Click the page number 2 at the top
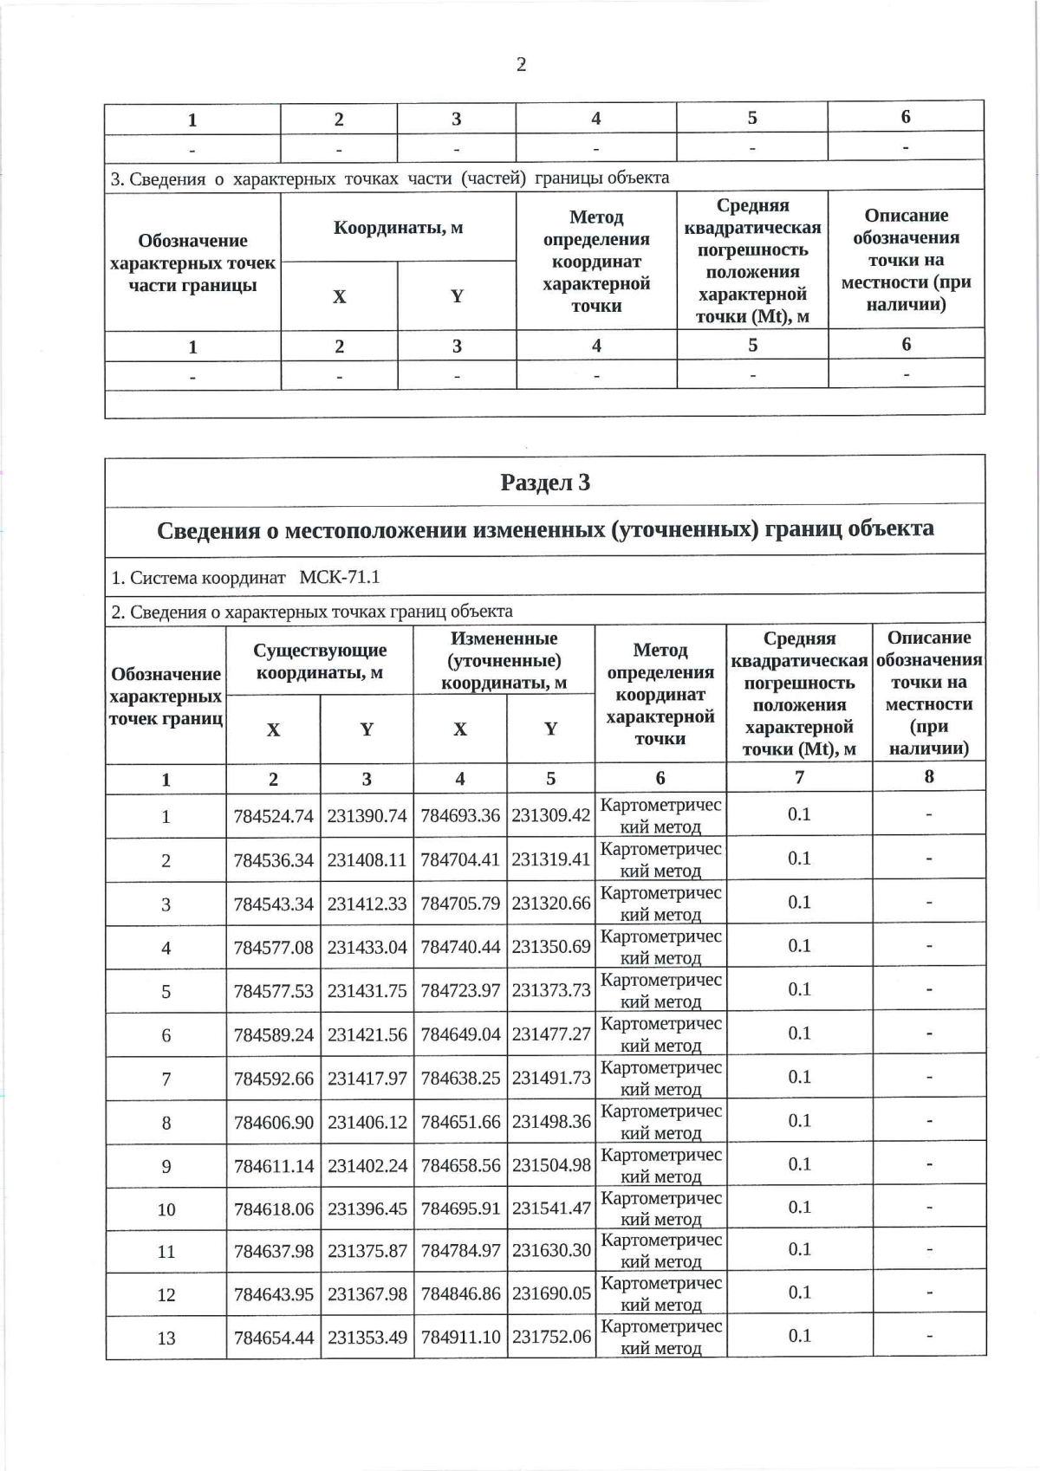point(521,65)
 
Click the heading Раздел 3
point(545,483)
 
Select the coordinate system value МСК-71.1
point(339,577)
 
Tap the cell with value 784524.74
point(273,816)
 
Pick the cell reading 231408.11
point(367,860)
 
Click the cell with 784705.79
point(460,904)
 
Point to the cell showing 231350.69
point(551,947)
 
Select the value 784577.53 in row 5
point(273,991)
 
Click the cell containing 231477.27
point(551,1034)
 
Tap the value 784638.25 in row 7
point(460,1079)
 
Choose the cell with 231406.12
point(367,1122)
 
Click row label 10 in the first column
point(166,1209)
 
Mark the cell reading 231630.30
point(551,1251)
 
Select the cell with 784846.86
point(460,1294)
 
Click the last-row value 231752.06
point(551,1338)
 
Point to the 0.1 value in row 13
point(798,1336)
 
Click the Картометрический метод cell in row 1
point(660,815)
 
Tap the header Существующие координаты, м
point(320,661)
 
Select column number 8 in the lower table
point(928,777)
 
